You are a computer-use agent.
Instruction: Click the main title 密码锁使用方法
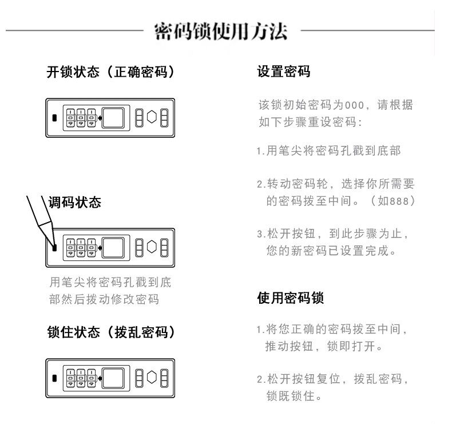(221, 31)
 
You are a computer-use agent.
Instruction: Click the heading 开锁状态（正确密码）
(110, 73)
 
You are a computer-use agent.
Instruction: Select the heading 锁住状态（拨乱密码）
(110, 332)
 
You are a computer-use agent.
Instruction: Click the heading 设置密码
(284, 73)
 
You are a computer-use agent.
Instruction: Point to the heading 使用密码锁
(291, 299)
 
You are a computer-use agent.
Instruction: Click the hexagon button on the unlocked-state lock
(152, 117)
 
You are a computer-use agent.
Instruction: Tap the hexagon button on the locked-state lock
(152, 377)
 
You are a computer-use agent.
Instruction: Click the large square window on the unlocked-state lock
(114, 117)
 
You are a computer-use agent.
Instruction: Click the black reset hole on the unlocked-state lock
(55, 118)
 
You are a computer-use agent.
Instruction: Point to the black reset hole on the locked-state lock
(55, 378)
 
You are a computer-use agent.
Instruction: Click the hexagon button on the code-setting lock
(152, 247)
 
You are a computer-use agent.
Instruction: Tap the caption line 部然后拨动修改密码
(104, 299)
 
